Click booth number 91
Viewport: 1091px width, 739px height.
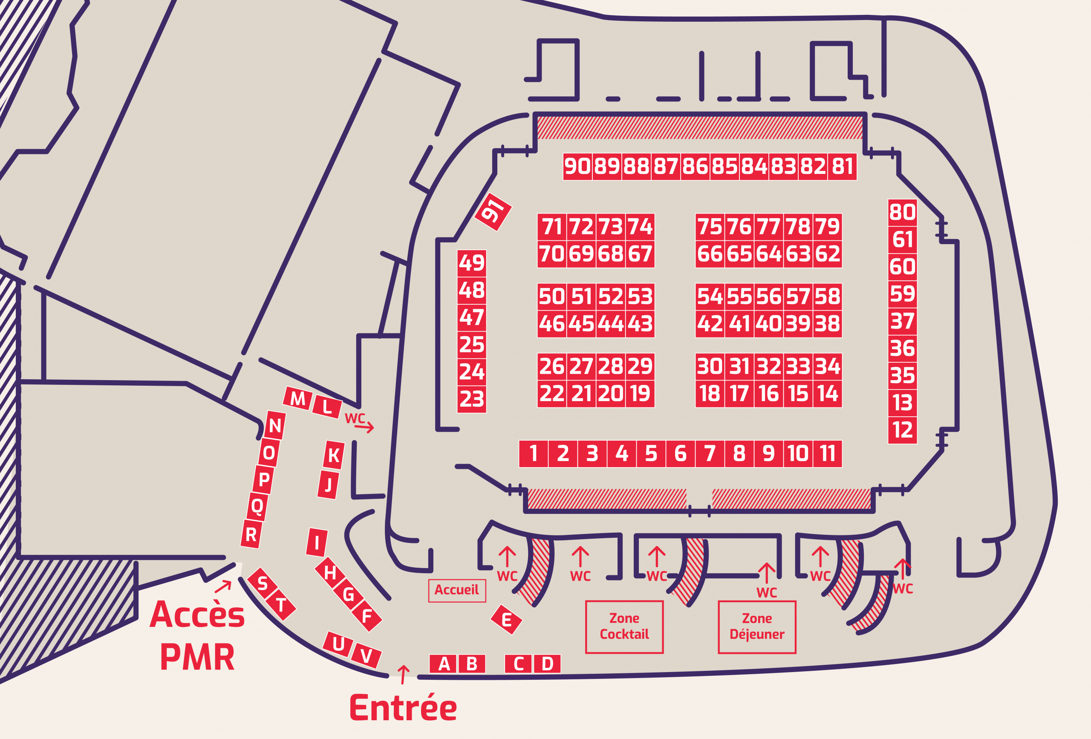tap(493, 212)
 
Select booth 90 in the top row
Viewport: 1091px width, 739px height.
tap(577, 166)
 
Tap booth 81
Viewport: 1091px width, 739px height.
tap(842, 166)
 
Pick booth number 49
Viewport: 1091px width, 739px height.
tap(471, 263)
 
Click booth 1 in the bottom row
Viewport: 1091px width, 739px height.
tap(533, 453)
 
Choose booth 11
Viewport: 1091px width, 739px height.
tap(827, 453)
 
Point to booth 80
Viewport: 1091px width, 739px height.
tap(902, 212)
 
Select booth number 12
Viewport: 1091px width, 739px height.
tap(902, 430)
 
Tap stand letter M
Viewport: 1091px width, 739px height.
tap(297, 398)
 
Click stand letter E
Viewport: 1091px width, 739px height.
tap(506, 620)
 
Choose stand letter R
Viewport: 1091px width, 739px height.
tap(251, 534)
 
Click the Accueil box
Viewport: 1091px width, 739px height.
tap(457, 590)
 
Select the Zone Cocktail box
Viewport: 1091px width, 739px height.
tap(624, 627)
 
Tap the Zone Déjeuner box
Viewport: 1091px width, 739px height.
tap(757, 627)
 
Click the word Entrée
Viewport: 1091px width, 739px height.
tap(403, 708)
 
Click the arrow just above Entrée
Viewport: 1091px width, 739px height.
tap(403, 674)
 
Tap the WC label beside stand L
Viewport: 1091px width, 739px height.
tap(355, 419)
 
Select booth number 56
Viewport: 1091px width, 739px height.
tap(768, 297)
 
